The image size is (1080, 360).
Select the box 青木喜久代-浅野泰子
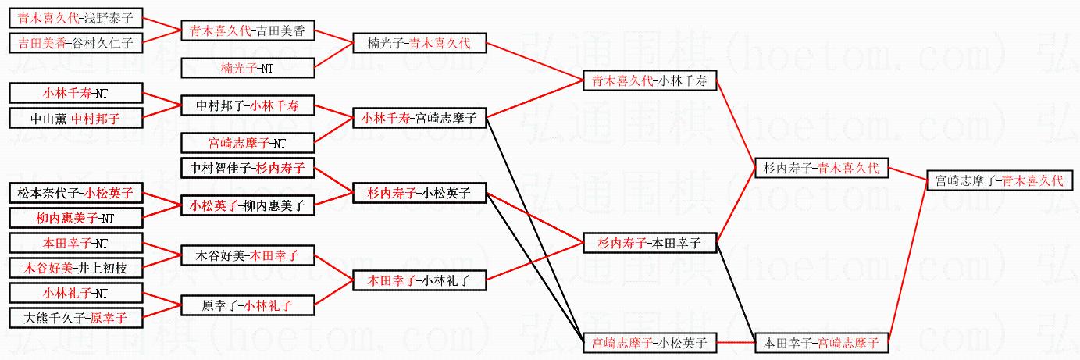[76, 17]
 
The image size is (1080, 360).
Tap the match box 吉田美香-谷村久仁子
[76, 43]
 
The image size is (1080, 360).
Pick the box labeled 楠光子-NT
[248, 68]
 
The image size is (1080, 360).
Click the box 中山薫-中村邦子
[76, 119]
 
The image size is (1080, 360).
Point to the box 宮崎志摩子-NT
[248, 143]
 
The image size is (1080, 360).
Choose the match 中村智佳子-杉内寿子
[248, 168]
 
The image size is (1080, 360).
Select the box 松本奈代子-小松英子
[76, 193]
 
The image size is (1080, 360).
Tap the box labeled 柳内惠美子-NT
[76, 218]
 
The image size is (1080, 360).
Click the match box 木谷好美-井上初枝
[76, 268]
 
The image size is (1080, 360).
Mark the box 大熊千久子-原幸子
[76, 318]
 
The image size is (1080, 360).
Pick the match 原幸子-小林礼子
[248, 305]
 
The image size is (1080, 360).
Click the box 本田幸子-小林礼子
[420, 280]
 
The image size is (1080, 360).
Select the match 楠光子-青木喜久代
[420, 43]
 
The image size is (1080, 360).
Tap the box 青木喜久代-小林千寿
[650, 80]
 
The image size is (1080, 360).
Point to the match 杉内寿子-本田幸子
[650, 244]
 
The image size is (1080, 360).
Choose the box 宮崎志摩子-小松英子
[650, 342]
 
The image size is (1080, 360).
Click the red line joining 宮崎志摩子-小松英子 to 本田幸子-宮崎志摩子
[736, 342]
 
